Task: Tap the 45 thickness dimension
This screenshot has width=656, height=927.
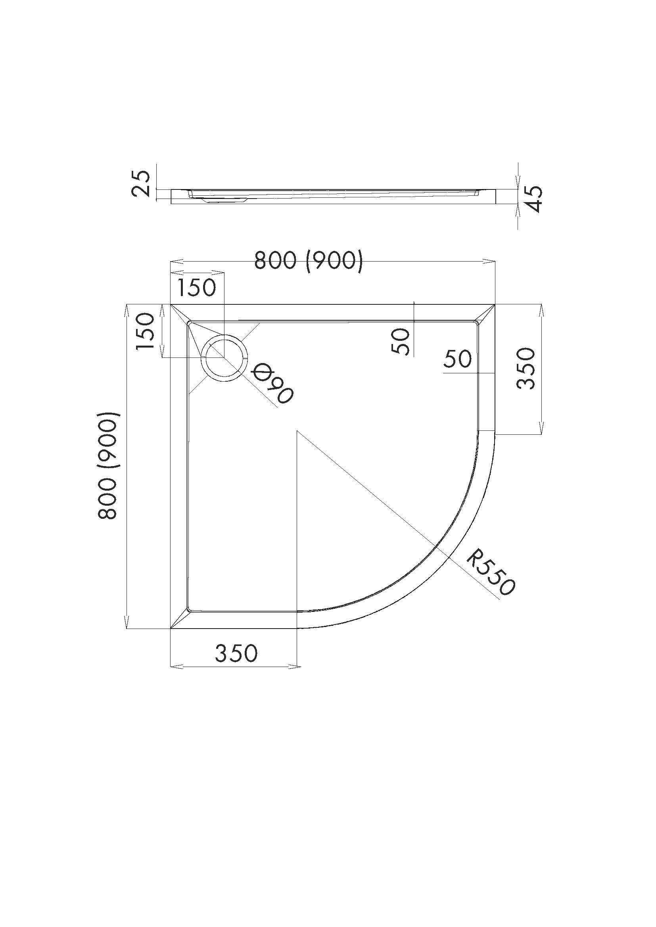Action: pos(533,199)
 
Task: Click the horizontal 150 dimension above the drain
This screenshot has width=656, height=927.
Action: pos(198,288)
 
